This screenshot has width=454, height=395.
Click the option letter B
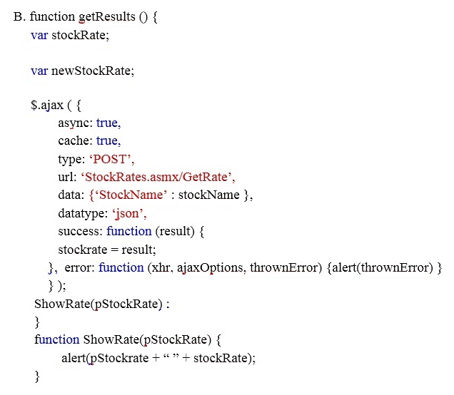[x=17, y=17]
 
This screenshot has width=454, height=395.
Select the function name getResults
[x=107, y=17]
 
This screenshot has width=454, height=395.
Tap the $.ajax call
[x=47, y=106]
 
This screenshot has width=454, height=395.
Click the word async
[x=74, y=123]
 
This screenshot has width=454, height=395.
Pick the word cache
[x=74, y=141]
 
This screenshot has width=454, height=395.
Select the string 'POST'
[x=111, y=159]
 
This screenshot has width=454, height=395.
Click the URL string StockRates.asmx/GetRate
[x=156, y=177]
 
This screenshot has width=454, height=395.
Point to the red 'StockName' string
[x=131, y=195]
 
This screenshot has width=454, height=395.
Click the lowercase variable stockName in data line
[x=208, y=195]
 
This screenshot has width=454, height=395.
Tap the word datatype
[x=81, y=214]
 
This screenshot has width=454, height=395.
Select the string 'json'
[x=128, y=214]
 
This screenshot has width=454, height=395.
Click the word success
[x=79, y=231]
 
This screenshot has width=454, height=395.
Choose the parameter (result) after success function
[x=175, y=232]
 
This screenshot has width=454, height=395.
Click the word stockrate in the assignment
[x=83, y=250]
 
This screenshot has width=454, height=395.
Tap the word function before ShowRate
[x=57, y=339]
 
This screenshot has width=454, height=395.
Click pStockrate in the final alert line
[x=119, y=358]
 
